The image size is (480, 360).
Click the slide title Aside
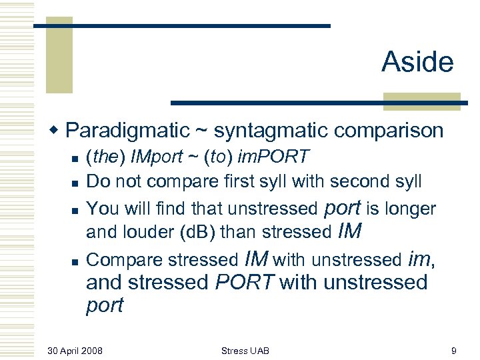[x=417, y=63]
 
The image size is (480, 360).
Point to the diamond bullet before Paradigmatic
[x=58, y=129]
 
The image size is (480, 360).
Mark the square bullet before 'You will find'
[x=76, y=209]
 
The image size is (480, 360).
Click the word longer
[x=410, y=209]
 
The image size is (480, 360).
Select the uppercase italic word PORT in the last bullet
[x=245, y=283]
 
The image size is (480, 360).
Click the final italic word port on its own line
[x=105, y=306]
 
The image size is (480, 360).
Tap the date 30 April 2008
[x=75, y=350]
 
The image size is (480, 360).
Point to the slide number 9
[x=453, y=350]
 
